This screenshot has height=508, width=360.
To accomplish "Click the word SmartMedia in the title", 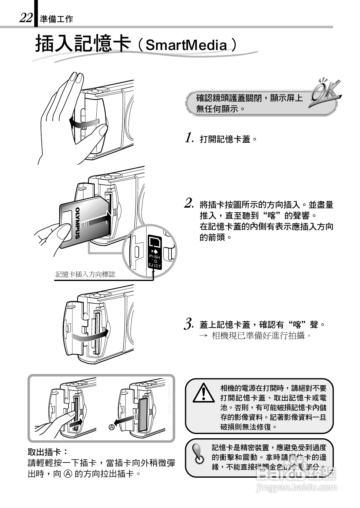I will click(186, 45).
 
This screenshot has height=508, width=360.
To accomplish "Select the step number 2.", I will click(189, 203).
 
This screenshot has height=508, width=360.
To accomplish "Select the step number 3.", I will click(189, 323).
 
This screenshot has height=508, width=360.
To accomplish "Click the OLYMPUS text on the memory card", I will click(78, 223).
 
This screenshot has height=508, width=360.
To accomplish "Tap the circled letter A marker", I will click(112, 427).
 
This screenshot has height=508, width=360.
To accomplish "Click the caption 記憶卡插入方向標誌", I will click(85, 275).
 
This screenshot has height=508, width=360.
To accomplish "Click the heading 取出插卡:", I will click(48, 453).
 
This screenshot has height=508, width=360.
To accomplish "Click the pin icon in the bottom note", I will click(198, 454).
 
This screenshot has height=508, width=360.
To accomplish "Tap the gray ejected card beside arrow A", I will click(143, 415).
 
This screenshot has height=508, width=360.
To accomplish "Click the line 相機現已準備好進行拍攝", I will click(262, 336).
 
